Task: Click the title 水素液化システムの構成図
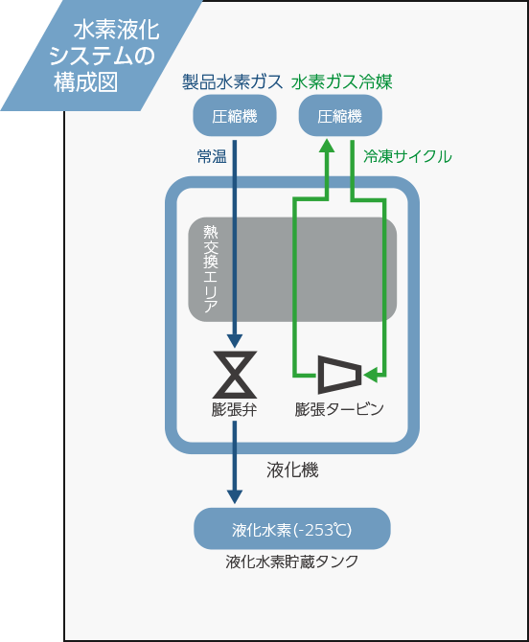tap(104, 57)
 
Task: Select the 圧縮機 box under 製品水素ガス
tap(235, 116)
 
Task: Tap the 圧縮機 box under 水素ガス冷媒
tap(340, 116)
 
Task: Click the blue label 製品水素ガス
tap(232, 81)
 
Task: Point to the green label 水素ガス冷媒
tap(342, 81)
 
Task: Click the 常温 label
tap(212, 156)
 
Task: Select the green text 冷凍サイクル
tap(408, 156)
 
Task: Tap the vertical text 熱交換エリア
tap(211, 268)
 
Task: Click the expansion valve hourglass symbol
tap(235, 375)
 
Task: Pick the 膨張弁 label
tap(235, 409)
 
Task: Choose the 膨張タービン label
tap(339, 409)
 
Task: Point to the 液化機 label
tap(292, 470)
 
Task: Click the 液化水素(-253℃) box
tap(292, 529)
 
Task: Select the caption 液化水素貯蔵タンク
tap(292, 562)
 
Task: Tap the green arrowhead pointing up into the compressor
tap(327, 147)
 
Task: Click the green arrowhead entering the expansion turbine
tap(370, 375)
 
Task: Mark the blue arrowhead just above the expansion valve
tap(235, 341)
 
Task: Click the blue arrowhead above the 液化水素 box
tap(235, 496)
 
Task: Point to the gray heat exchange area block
tap(292, 269)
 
